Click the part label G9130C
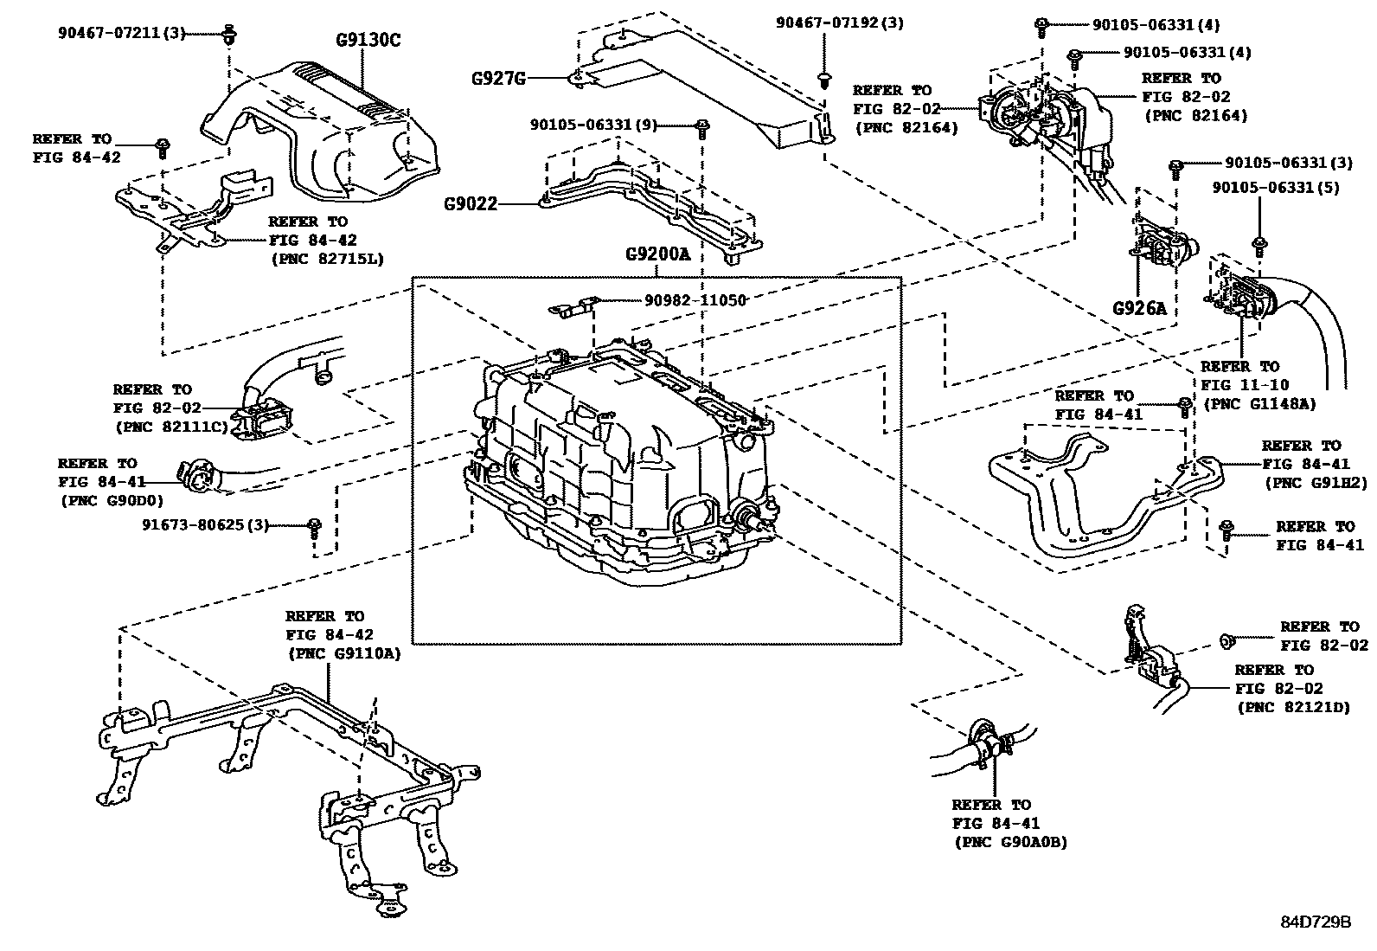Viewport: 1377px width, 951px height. (368, 40)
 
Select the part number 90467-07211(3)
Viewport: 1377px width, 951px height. (122, 34)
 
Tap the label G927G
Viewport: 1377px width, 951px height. (498, 78)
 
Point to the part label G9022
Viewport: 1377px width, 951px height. (471, 205)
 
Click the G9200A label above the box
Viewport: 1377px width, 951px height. (657, 255)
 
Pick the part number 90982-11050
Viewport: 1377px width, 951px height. (695, 299)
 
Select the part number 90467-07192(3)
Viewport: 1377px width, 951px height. (839, 23)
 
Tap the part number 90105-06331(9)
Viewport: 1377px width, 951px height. (593, 125)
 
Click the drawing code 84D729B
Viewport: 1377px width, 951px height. (1316, 922)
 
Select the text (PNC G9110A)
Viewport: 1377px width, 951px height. (343, 654)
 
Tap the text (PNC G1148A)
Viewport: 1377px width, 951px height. (1259, 404)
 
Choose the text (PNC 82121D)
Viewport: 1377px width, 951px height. (1293, 708)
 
